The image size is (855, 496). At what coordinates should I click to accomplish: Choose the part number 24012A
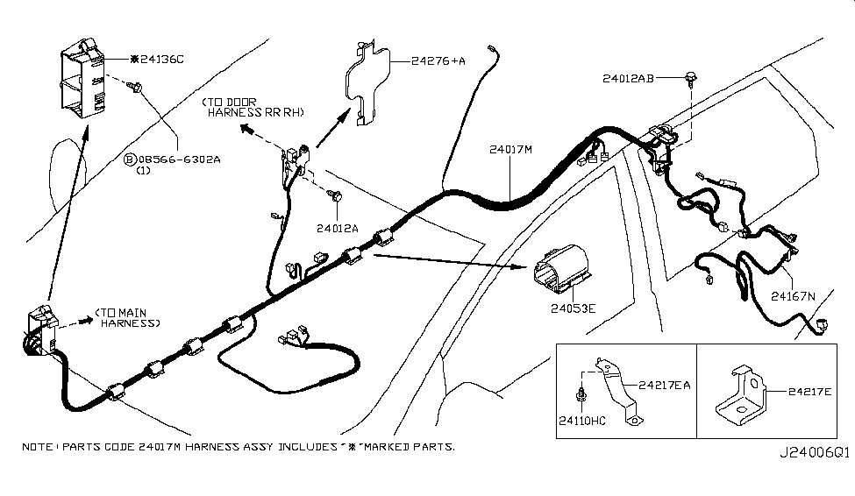pos(338,228)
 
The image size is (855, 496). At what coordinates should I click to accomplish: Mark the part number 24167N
pos(793,296)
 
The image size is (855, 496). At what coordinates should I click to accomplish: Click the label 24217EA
pos(664,384)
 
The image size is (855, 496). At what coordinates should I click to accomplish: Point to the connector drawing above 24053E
pos(558,267)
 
